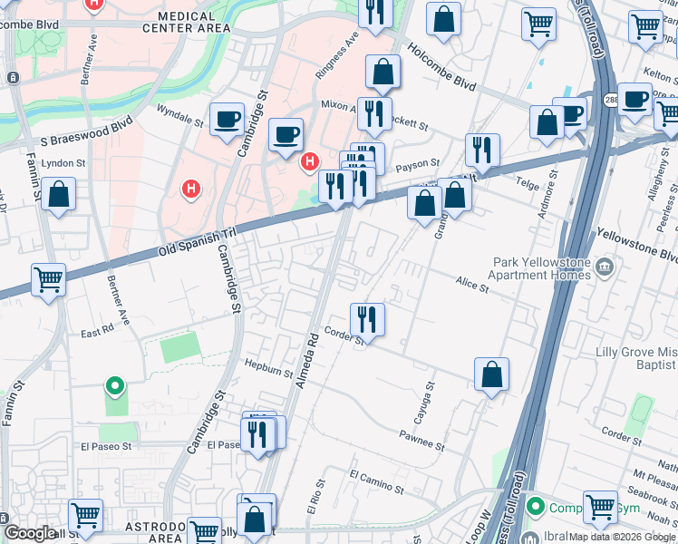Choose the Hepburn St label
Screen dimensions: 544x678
(269, 367)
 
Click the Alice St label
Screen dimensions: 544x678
(472, 285)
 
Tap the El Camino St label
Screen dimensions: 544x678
(376, 481)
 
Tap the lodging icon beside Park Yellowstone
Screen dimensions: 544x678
(605, 267)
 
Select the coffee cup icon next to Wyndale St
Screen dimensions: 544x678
(227, 118)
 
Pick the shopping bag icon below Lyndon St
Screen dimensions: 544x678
(58, 195)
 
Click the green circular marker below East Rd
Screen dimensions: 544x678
(115, 387)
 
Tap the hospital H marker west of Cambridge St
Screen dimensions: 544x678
(191, 189)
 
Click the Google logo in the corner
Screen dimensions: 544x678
(29, 533)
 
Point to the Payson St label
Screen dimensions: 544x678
(421, 164)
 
